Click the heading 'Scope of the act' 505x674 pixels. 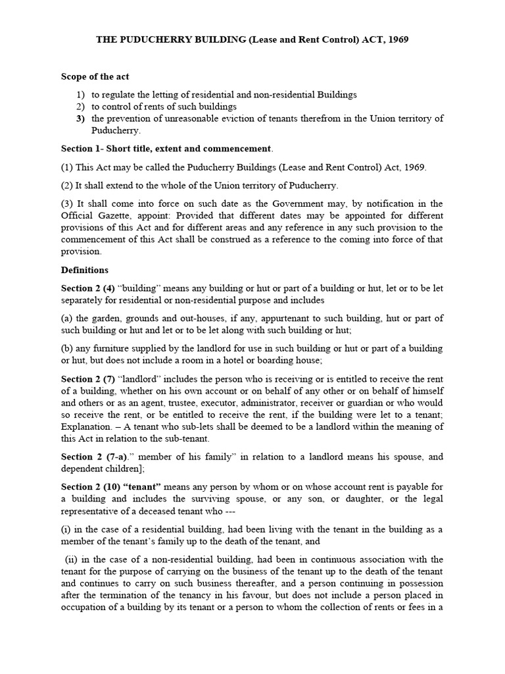pos(96,77)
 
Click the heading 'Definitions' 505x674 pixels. pos(85,270)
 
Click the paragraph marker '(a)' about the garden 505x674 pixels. pos(67,319)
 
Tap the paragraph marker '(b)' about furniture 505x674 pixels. pos(67,348)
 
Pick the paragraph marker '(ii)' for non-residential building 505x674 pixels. pos(71,559)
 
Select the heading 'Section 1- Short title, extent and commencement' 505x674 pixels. pos(166,149)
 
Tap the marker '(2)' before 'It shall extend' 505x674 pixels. pos(67,185)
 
